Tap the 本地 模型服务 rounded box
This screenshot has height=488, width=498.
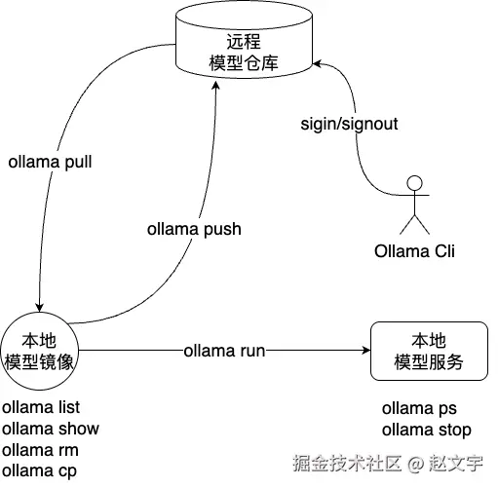428,352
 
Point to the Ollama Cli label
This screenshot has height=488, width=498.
415,250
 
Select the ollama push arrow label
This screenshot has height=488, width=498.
193,230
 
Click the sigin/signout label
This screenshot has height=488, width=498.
348,125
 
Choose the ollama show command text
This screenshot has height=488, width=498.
50,429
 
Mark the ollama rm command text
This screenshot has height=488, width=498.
40,450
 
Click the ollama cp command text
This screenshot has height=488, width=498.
39,471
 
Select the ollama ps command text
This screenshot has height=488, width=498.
419,408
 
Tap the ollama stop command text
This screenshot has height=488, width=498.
427,430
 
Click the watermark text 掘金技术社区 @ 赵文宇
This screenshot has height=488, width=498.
391,464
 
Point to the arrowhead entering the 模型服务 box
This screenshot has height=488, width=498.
365,351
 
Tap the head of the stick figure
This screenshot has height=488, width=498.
416,181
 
